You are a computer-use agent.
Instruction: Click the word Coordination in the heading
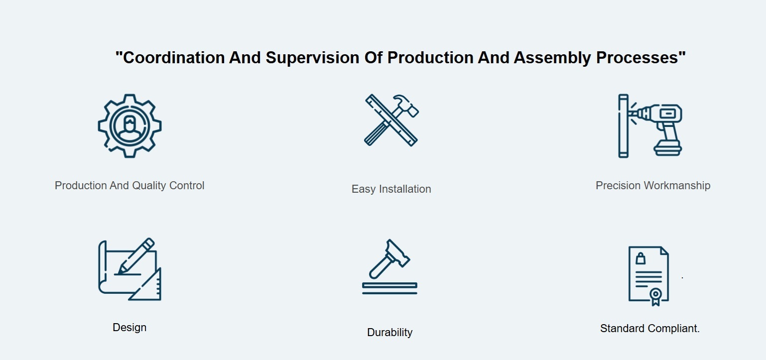(173, 57)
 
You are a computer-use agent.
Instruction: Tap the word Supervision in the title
(312, 58)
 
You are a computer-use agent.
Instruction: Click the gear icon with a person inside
(129, 126)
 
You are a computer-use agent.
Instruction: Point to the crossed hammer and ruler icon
(391, 120)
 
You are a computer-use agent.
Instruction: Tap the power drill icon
(650, 126)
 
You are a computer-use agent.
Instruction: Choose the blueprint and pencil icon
(129, 269)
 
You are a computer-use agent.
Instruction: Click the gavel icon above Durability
(389, 267)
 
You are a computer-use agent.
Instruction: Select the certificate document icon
(648, 276)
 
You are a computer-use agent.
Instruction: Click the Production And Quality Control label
(129, 185)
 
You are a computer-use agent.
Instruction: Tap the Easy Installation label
(391, 189)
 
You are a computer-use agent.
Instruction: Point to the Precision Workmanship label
(653, 185)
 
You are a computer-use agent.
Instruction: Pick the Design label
(129, 327)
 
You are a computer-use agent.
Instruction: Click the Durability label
(389, 332)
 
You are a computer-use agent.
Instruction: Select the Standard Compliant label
(650, 328)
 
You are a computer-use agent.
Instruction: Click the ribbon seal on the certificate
(655, 296)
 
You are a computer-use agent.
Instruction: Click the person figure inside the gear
(129, 128)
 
